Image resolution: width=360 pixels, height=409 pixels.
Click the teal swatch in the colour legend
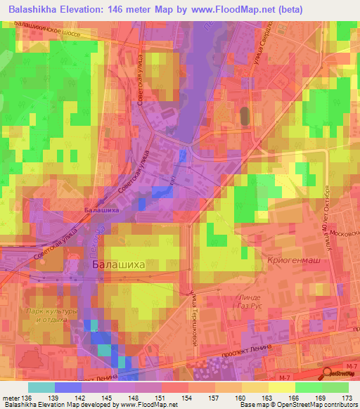click(x=41, y=387)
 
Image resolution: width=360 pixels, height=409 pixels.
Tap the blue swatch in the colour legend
click(x=67, y=387)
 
